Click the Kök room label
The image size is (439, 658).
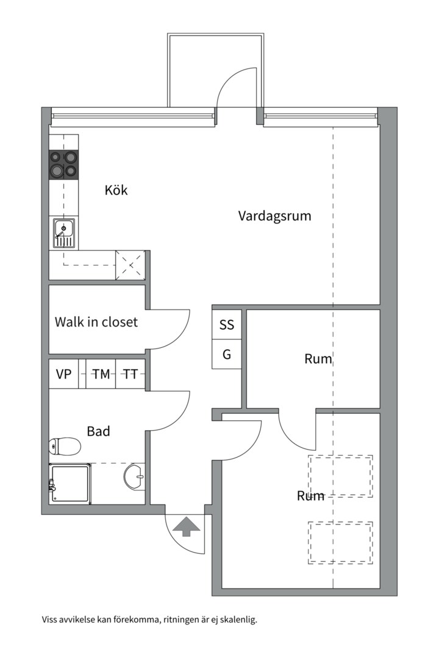pos(116,190)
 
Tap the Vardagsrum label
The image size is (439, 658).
pos(275,216)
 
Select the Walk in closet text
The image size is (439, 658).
pos(96,322)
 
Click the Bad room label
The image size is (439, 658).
pos(98,431)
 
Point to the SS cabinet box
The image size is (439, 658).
pos(227,324)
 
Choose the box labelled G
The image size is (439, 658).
pos(227,354)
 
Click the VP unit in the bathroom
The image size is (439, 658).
pos(64,373)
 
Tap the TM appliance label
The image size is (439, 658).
pos(101,374)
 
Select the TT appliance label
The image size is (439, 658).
pos(130,374)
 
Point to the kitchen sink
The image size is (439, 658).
pos(64,233)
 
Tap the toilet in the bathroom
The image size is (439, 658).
pos(65,447)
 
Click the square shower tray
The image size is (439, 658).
pos(70,484)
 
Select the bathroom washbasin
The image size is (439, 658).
pos(134,476)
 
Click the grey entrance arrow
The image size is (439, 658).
pos(186,527)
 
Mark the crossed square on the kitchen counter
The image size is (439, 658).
pos(130,265)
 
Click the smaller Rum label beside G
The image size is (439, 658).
pos(318,359)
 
